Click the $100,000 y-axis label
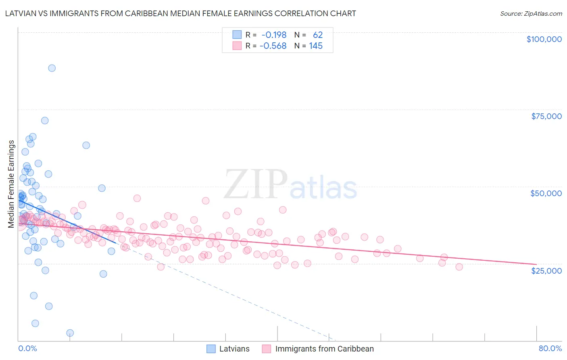pyautogui.click(x=544, y=39)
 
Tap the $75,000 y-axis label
pyautogui.click(x=546, y=116)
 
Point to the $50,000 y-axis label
pyautogui.click(x=546, y=193)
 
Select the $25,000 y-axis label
pyautogui.click(x=546, y=270)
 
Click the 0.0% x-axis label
pyautogui.click(x=27, y=348)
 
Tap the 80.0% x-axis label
pyautogui.click(x=550, y=348)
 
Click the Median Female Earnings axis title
pyautogui.click(x=11, y=184)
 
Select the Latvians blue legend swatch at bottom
pyautogui.click(x=211, y=349)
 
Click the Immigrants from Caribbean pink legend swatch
pyautogui.click(x=267, y=349)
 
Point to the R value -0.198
pyautogui.click(x=273, y=35)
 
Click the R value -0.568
pyautogui.click(x=273, y=46)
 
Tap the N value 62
pyautogui.click(x=318, y=35)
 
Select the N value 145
pyautogui.click(x=316, y=46)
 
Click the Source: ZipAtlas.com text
pyautogui.click(x=531, y=13)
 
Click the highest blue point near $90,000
pyautogui.click(x=52, y=68)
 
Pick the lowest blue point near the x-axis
pyautogui.click(x=70, y=333)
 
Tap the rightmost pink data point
pyautogui.click(x=459, y=267)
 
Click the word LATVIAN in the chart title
pyautogui.click(x=20, y=13)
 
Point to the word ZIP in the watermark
pyautogui.click(x=255, y=184)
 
